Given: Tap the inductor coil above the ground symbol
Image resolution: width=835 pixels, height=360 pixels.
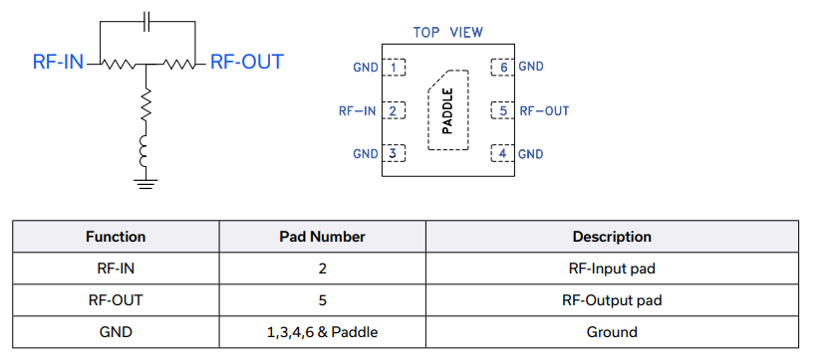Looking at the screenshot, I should [x=146, y=152].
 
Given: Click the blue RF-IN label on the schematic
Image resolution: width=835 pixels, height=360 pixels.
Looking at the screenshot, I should [x=58, y=62].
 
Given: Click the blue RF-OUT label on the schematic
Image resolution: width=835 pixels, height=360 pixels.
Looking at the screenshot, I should [x=247, y=62].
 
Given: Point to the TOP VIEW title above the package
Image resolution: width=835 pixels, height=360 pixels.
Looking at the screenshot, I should [x=447, y=32].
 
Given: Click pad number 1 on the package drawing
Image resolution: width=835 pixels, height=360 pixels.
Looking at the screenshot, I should [x=396, y=68].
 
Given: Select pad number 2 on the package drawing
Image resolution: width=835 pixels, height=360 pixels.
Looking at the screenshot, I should [x=396, y=110].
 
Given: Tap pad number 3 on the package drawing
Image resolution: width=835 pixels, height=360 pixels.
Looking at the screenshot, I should [x=396, y=153].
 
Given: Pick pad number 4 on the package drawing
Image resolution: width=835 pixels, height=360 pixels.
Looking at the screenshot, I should [x=501, y=153].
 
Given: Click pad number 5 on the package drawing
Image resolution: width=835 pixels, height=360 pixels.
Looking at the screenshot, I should [x=501, y=110].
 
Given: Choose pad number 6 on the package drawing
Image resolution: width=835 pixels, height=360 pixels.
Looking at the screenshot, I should [x=501, y=68].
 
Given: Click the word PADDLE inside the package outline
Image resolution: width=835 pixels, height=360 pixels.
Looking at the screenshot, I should [x=447, y=110].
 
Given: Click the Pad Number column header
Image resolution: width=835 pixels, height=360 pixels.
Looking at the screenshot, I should [x=322, y=237].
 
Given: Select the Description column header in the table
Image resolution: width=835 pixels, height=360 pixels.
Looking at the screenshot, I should [x=611, y=237].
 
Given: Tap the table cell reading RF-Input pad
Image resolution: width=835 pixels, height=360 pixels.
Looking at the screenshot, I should [x=611, y=269].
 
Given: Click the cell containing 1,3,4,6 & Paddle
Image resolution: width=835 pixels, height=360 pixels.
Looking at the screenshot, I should [x=322, y=332].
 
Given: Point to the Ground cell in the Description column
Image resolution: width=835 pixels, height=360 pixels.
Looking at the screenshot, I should [x=611, y=332].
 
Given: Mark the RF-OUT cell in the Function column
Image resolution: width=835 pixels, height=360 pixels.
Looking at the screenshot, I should [x=116, y=300].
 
